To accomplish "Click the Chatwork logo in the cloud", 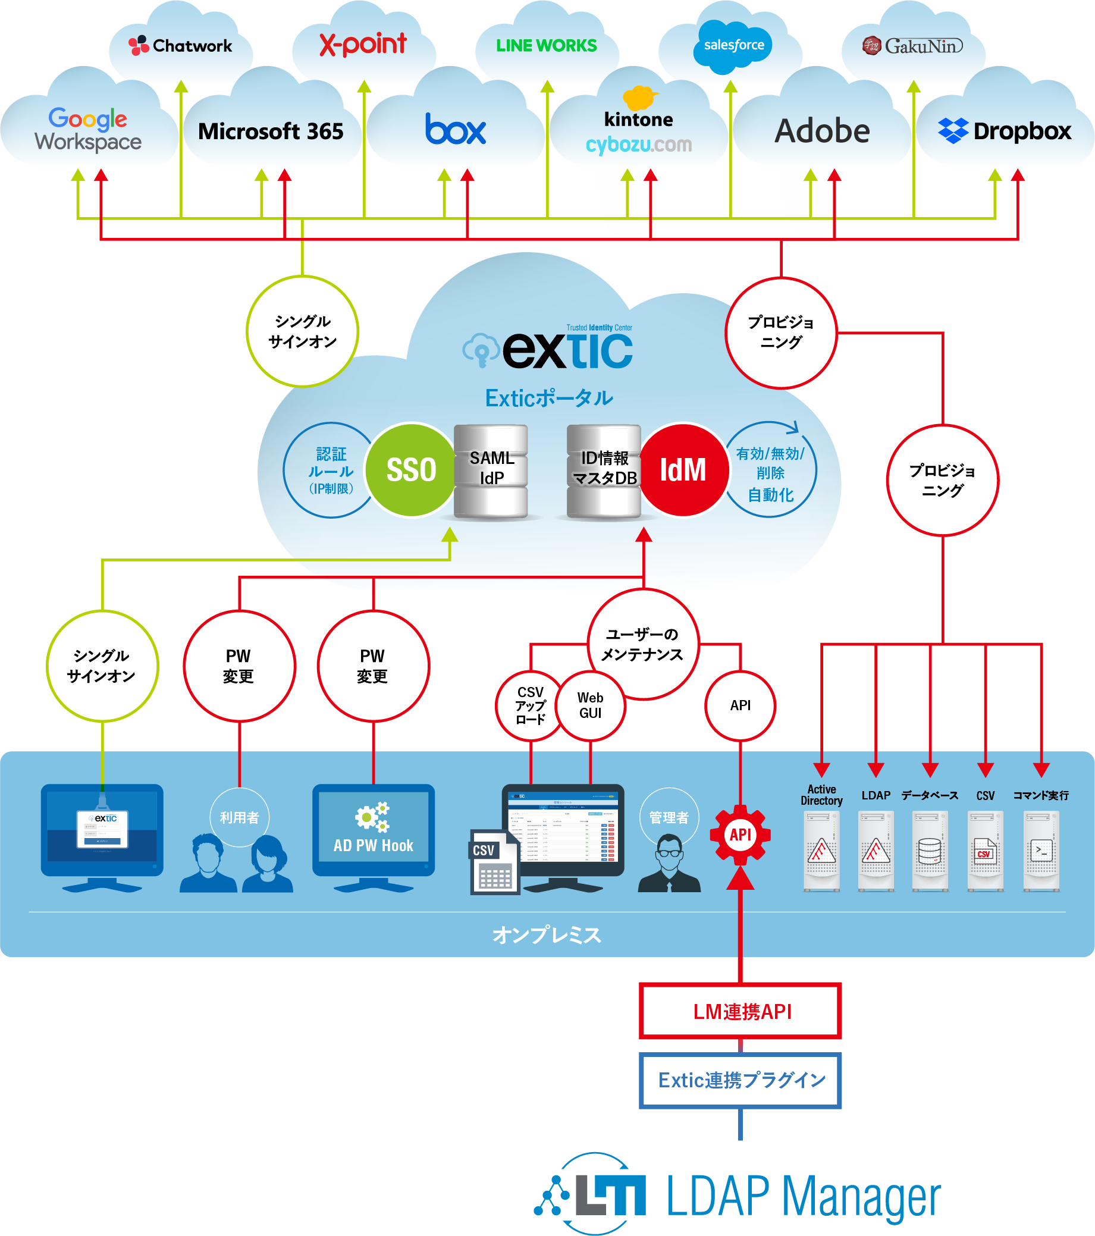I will point(180,45).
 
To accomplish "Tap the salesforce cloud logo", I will point(733,45).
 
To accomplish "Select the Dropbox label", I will point(1005,131).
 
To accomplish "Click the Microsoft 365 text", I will point(271,131).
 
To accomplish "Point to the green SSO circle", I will point(410,470).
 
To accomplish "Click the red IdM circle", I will point(684,470).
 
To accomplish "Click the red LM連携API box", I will point(741,1012).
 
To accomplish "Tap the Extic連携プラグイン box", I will point(741,1081).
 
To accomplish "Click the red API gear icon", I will point(740,835).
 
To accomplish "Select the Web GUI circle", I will point(590,705).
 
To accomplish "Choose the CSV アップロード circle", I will point(530,705).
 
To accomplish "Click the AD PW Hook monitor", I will point(373,829).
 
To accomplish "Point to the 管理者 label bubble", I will point(669,817).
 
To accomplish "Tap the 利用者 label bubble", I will point(240,817).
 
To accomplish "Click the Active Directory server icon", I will point(821,850).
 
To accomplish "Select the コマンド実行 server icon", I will point(1041,850).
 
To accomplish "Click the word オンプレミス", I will point(547,935).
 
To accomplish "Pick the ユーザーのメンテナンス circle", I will point(643,645).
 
